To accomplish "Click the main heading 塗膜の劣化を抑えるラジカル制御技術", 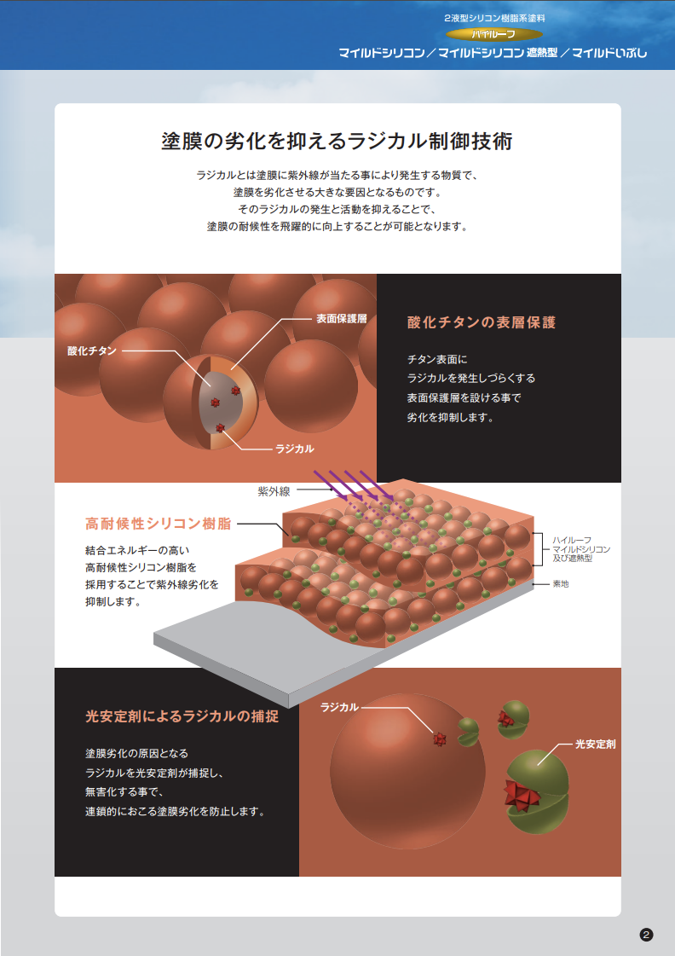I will (x=337, y=141).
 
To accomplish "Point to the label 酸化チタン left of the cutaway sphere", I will (x=92, y=351).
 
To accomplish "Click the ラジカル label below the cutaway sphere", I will (x=295, y=448).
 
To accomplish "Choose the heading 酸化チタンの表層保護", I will (x=482, y=322).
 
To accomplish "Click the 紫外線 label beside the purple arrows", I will (x=274, y=491).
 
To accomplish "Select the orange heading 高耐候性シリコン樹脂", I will (x=159, y=524).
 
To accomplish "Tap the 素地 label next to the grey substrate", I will (x=561, y=584).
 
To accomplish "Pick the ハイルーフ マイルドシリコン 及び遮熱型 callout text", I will (x=581, y=548).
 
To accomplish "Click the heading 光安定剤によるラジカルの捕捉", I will (x=182, y=716).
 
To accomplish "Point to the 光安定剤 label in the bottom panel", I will (x=595, y=744).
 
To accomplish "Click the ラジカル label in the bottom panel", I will (x=339, y=707).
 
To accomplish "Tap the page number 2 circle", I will (x=646, y=936).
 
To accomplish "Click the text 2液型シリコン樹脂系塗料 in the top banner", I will (x=493, y=17).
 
